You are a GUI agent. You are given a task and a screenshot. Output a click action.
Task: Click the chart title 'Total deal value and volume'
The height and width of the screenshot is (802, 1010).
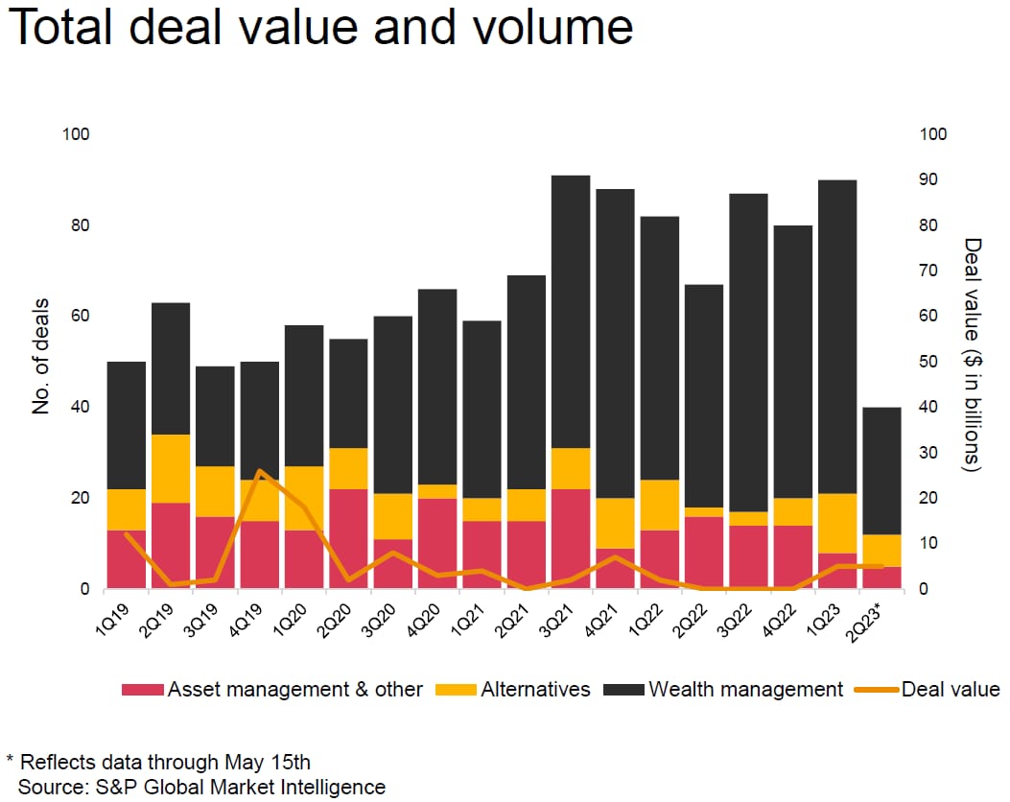[x=320, y=29]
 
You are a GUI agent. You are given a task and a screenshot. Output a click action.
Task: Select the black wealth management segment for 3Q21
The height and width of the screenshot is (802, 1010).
[x=570, y=312]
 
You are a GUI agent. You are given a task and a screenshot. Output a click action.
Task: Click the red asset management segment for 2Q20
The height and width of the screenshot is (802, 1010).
[x=348, y=538]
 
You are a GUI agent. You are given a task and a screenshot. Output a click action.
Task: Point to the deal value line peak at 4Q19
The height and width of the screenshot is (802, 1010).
[x=260, y=471]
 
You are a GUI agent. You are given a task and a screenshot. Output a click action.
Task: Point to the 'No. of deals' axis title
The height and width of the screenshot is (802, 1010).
[x=40, y=362]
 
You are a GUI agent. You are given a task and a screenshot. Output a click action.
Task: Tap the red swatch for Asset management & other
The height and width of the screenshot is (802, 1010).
[x=143, y=690]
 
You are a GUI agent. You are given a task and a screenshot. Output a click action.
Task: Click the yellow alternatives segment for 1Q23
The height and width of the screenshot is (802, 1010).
[x=836, y=523]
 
